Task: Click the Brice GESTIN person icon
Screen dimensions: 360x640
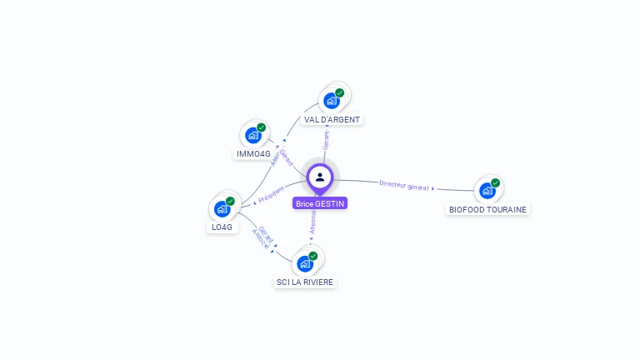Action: [x=320, y=177]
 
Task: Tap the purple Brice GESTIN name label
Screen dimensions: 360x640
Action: [x=320, y=203]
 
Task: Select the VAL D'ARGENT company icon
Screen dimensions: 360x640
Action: [x=332, y=101]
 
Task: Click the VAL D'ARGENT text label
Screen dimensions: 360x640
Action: [x=332, y=119]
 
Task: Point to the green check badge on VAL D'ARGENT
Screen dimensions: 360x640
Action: [x=339, y=92]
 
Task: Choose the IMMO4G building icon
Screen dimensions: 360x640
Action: [x=253, y=135]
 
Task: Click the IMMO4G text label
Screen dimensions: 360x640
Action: [x=253, y=154]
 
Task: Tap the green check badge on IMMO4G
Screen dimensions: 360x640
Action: [x=262, y=127]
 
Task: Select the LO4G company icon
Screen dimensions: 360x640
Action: [x=222, y=208]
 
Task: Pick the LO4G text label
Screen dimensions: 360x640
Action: [x=222, y=227]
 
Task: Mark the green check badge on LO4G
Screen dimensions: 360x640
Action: [x=230, y=201]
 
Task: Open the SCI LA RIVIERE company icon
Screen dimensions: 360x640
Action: [x=305, y=263]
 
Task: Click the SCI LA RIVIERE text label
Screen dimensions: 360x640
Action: [x=305, y=282]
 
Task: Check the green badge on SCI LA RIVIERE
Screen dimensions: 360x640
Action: [x=313, y=256]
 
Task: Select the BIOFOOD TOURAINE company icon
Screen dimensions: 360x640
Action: [x=487, y=190]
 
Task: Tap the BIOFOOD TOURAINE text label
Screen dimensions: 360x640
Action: [x=487, y=209]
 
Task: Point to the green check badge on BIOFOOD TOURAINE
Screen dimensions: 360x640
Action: [x=496, y=182]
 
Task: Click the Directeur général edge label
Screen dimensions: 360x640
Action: [x=404, y=185]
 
